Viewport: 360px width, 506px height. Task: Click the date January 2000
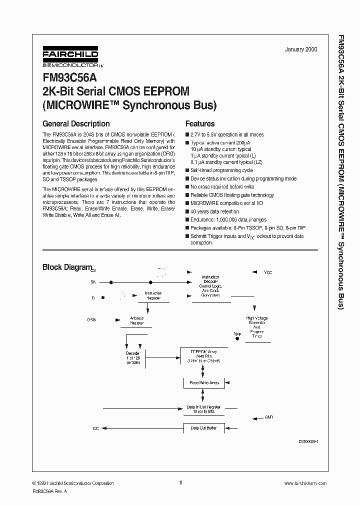[x=300, y=49]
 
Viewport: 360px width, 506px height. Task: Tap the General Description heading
[x=76, y=123]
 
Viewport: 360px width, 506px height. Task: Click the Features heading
[x=200, y=123]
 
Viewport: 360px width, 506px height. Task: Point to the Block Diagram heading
[x=67, y=267]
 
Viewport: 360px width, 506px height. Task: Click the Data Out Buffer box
[x=203, y=428]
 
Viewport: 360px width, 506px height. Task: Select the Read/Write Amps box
[x=203, y=382]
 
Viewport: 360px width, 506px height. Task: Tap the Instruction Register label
[x=153, y=295]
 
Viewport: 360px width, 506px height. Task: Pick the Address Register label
[x=137, y=320]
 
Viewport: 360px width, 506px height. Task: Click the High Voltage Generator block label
[x=257, y=327]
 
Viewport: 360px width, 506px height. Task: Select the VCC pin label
[x=268, y=272]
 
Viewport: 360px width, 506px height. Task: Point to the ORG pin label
[x=91, y=319]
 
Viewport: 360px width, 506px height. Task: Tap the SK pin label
[x=93, y=282]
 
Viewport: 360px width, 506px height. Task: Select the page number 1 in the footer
[x=180, y=482]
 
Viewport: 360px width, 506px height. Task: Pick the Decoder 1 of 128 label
[x=134, y=358]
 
